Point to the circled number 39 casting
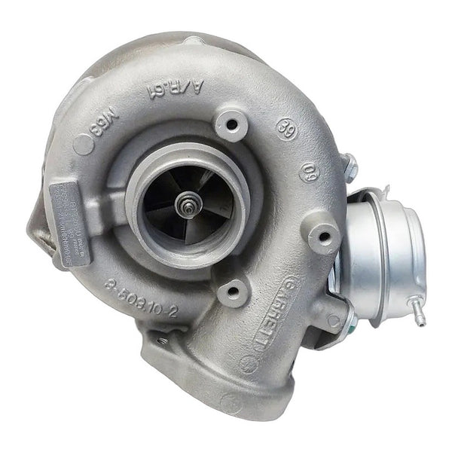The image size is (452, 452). [286, 126]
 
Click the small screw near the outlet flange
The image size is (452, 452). [160, 341]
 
